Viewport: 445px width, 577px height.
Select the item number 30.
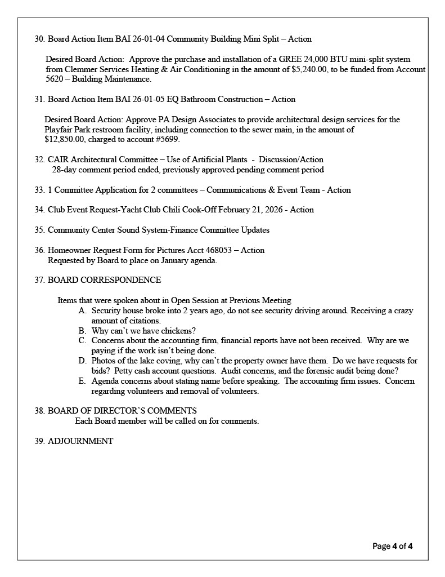[39, 39]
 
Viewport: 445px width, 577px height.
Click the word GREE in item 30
[281, 59]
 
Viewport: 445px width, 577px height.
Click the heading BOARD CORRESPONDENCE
[104, 280]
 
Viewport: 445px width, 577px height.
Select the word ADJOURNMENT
[80, 441]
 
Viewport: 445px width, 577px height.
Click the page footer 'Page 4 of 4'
[393, 546]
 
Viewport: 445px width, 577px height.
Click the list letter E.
[82, 381]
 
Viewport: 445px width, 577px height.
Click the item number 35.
[39, 230]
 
